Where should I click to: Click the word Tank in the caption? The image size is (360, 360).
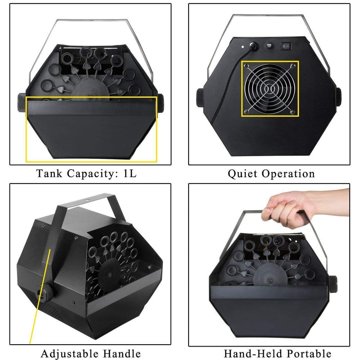tap(50, 173)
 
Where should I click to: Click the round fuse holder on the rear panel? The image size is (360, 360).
tap(269, 45)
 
